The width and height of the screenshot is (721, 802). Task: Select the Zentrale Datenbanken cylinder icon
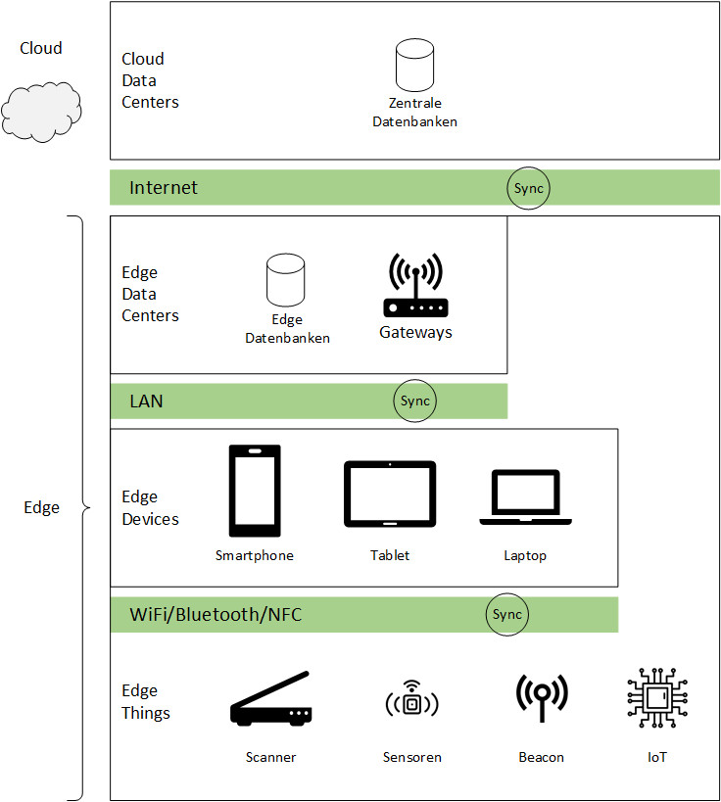click(414, 64)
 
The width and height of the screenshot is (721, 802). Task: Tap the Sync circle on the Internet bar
click(528, 188)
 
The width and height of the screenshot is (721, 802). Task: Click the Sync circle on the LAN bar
click(415, 401)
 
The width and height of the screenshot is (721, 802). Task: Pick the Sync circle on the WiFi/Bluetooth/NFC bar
click(507, 615)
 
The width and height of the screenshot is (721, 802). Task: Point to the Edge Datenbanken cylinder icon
click(286, 280)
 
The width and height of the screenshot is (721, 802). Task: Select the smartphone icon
click(254, 492)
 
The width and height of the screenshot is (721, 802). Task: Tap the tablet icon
click(389, 495)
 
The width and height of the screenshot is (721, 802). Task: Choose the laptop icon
click(525, 498)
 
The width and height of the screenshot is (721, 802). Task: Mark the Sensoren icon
click(411, 702)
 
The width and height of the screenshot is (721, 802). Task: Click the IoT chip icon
click(657, 699)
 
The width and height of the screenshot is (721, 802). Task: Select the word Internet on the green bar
click(164, 188)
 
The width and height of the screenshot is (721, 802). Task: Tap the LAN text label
click(146, 401)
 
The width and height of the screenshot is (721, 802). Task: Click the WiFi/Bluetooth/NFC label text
click(216, 615)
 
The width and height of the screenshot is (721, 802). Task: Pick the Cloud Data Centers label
click(150, 80)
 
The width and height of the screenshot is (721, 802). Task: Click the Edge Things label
click(145, 702)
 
